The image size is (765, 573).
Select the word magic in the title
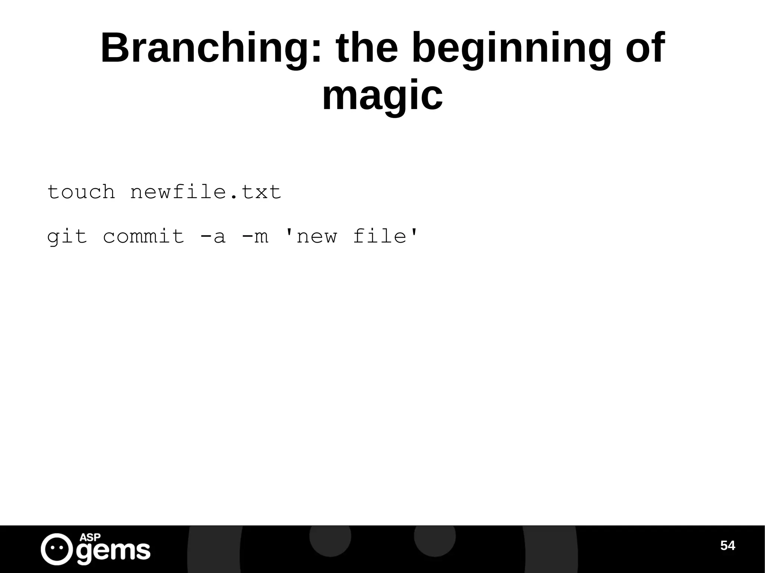point(382,96)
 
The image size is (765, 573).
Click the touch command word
point(81,192)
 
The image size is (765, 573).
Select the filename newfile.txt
point(205,192)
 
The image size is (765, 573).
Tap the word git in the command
point(67,237)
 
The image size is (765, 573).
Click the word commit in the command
point(144,237)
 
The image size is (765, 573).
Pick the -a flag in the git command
point(213,237)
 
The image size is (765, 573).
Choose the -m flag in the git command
point(255,237)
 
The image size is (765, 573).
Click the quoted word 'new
point(311,237)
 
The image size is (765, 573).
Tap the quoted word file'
point(385,237)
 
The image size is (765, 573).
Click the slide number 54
point(727,546)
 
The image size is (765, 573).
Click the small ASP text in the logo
point(90,537)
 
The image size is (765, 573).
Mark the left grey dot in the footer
point(330,536)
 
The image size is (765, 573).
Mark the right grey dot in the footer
point(434,536)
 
